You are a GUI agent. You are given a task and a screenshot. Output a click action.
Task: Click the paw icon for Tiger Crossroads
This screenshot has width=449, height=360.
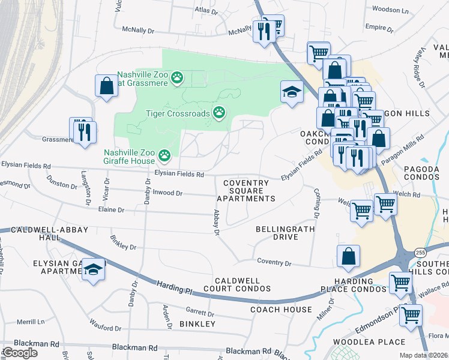pos(220,112)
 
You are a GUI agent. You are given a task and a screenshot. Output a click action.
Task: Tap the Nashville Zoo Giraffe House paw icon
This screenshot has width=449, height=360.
pos(164,156)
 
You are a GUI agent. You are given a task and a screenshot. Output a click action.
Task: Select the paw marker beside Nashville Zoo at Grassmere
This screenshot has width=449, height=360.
pos(176,77)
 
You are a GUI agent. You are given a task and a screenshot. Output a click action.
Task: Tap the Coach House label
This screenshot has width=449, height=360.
pos(281,310)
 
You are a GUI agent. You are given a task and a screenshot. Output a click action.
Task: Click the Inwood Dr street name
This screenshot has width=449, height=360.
pos(167,193)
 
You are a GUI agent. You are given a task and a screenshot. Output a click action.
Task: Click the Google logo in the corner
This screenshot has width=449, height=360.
pos(20,353)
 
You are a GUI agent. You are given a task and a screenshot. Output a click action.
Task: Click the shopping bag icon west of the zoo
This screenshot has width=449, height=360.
pos(106,85)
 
